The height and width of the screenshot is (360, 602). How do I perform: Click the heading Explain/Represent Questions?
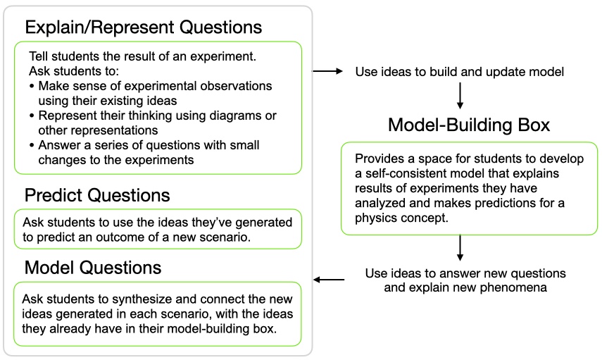[x=143, y=27]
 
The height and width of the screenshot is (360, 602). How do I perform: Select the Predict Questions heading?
[x=97, y=195]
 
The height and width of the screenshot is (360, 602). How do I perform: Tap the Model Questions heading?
[x=93, y=268]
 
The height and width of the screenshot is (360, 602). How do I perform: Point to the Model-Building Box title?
[x=469, y=125]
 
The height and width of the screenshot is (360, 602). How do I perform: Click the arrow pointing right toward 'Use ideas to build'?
[x=327, y=71]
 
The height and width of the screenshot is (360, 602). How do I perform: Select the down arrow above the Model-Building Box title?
[x=460, y=96]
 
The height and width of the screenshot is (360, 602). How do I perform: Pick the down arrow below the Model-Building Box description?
[x=460, y=248]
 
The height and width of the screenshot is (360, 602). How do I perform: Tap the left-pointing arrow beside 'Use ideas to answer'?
[x=329, y=280]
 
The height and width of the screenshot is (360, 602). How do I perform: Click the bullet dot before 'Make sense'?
[x=32, y=87]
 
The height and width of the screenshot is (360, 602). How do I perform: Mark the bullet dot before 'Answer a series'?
[x=32, y=146]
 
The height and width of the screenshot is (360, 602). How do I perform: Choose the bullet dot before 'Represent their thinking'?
[x=32, y=116]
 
